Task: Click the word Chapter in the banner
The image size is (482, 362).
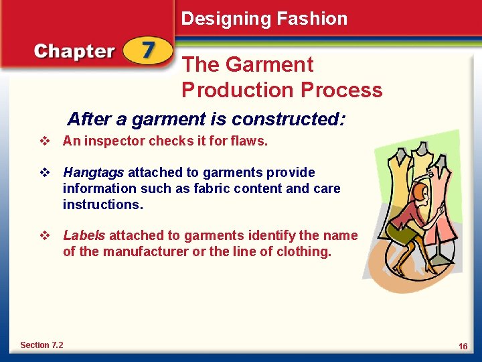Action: [75, 52]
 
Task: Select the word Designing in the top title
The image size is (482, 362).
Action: [221, 19]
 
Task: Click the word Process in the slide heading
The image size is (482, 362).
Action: [341, 90]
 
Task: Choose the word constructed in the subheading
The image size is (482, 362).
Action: [288, 120]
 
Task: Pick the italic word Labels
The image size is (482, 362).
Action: [84, 236]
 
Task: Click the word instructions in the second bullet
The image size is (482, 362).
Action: [102, 205]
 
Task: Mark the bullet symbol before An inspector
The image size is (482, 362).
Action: [45, 141]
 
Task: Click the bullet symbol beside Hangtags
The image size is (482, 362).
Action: [45, 173]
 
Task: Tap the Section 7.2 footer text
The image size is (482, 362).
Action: [42, 345]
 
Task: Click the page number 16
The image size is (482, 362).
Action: [463, 346]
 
